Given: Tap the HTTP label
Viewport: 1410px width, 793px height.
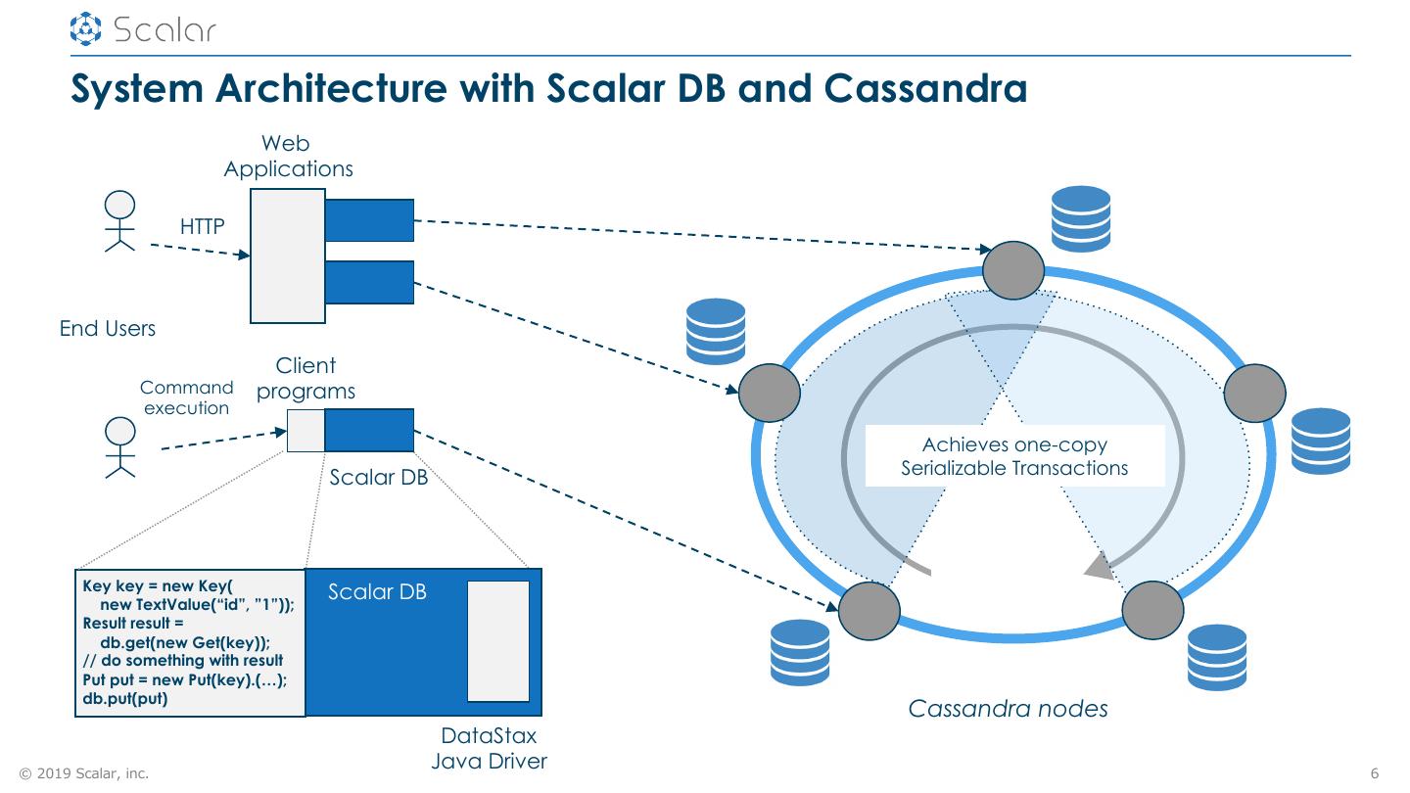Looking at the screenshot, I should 203,227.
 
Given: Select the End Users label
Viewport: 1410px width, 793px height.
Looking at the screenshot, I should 108,329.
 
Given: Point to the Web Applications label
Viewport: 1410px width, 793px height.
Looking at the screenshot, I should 288,157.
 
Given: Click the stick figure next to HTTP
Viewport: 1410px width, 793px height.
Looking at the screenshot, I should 120,222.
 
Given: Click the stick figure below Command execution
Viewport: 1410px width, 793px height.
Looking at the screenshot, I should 120,447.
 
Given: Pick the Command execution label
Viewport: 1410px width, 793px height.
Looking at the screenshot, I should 187,397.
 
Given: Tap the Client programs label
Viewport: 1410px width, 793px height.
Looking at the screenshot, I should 306,379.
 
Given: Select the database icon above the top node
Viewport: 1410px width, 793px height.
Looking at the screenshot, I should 1080,218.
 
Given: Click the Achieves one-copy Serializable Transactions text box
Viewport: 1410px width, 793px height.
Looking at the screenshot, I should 1014,456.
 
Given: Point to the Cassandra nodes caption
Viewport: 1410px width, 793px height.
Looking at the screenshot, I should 1008,709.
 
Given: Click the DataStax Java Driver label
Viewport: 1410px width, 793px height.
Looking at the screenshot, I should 489,749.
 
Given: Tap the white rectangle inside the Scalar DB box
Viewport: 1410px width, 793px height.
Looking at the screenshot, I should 498,641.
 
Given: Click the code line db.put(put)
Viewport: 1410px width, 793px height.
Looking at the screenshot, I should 126,699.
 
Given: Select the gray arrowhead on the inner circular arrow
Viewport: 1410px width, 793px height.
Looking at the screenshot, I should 1101,565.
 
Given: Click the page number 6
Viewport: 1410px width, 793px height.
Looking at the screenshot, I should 1375,773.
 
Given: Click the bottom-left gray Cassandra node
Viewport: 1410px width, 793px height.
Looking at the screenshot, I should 869,610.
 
